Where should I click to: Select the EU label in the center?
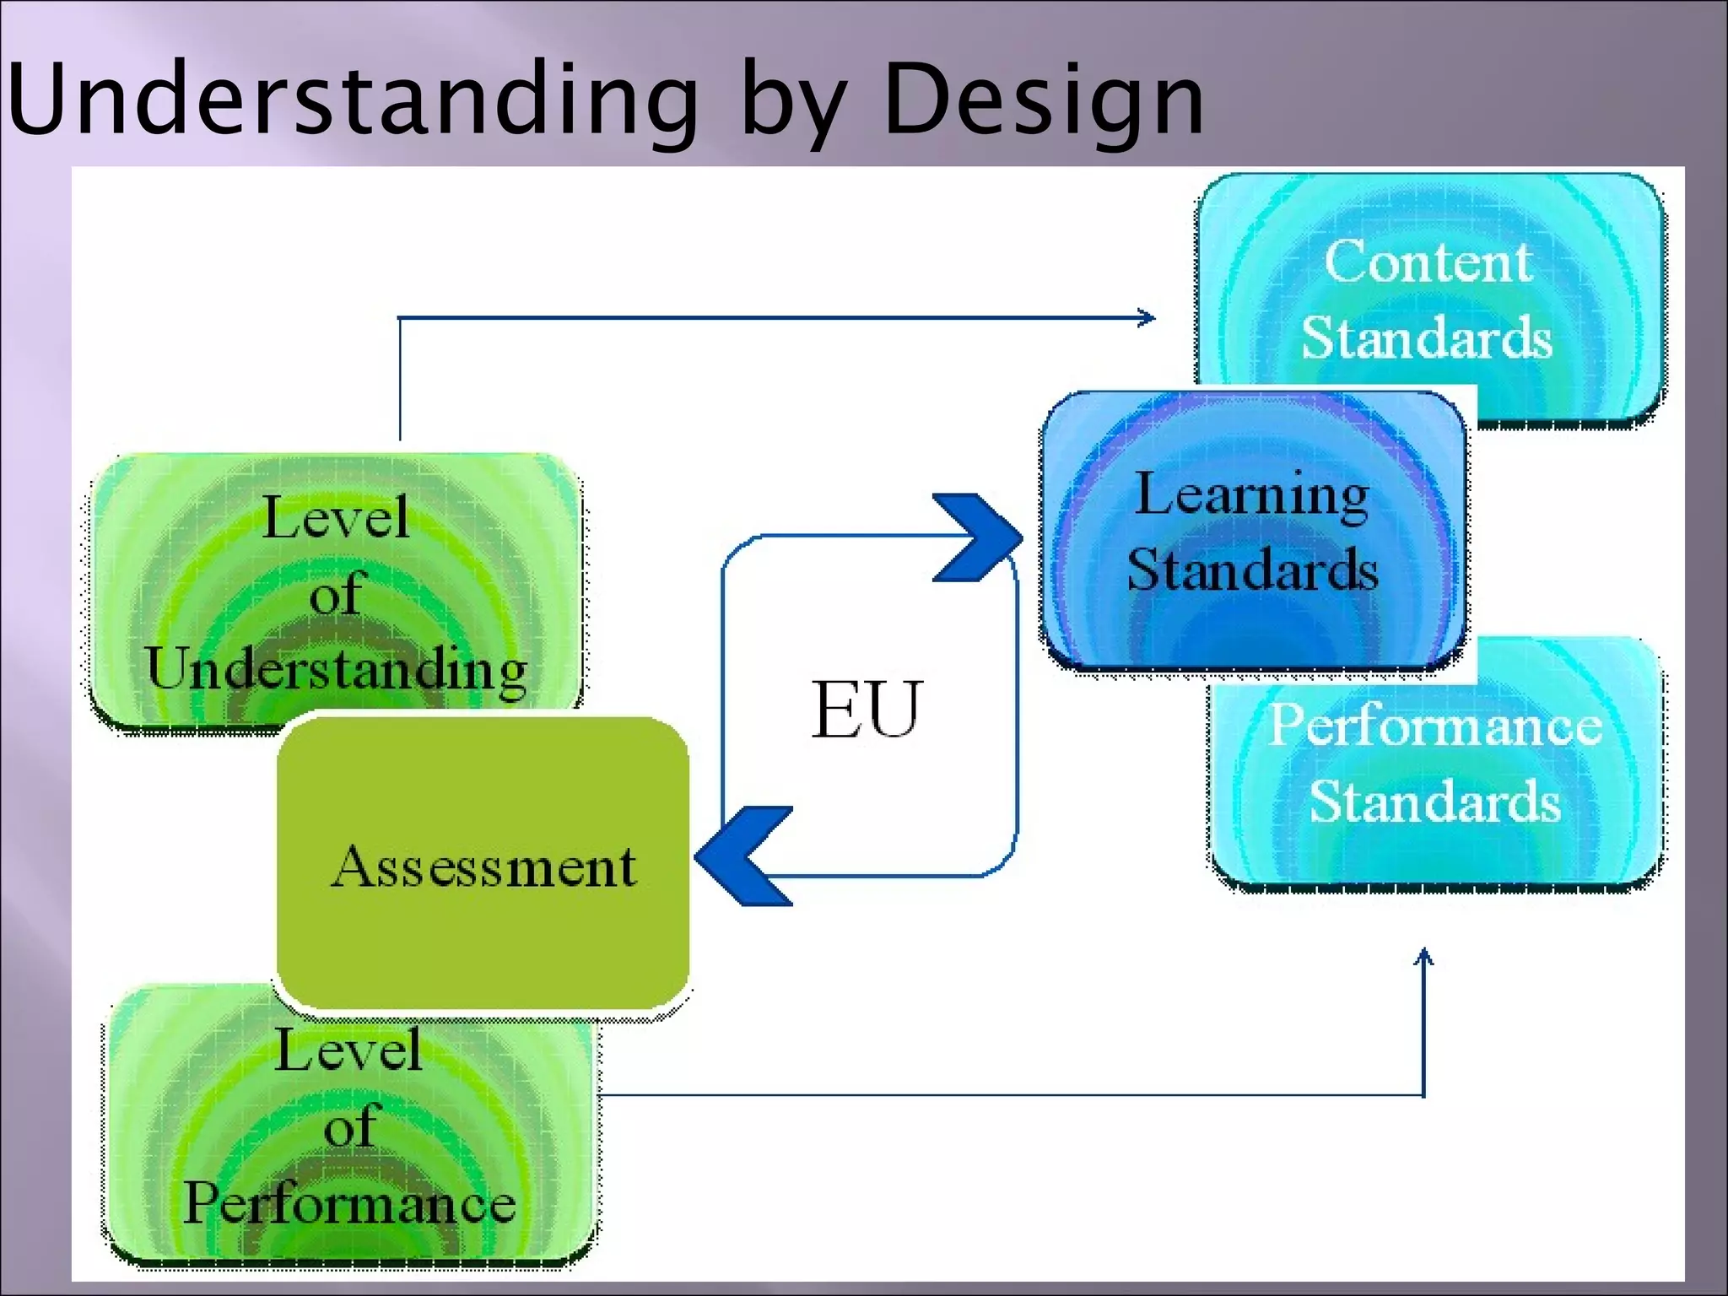867,710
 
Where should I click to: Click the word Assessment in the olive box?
483,867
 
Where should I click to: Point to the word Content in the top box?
1428,262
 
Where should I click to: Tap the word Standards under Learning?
1252,569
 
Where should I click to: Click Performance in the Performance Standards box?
1435,725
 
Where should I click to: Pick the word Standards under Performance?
1434,801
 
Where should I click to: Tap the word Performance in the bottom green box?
349,1203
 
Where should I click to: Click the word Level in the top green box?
336,517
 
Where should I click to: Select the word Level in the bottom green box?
348,1050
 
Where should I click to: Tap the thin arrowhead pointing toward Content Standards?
1147,318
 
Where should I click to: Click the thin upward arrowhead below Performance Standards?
1423,956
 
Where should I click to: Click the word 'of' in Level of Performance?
349,1127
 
